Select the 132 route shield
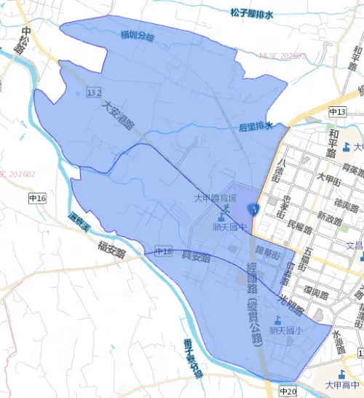coord(93,93)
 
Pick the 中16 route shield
coord(37,198)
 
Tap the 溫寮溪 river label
coord(78,221)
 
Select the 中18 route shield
coord(163,252)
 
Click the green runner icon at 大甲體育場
coord(226,209)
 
